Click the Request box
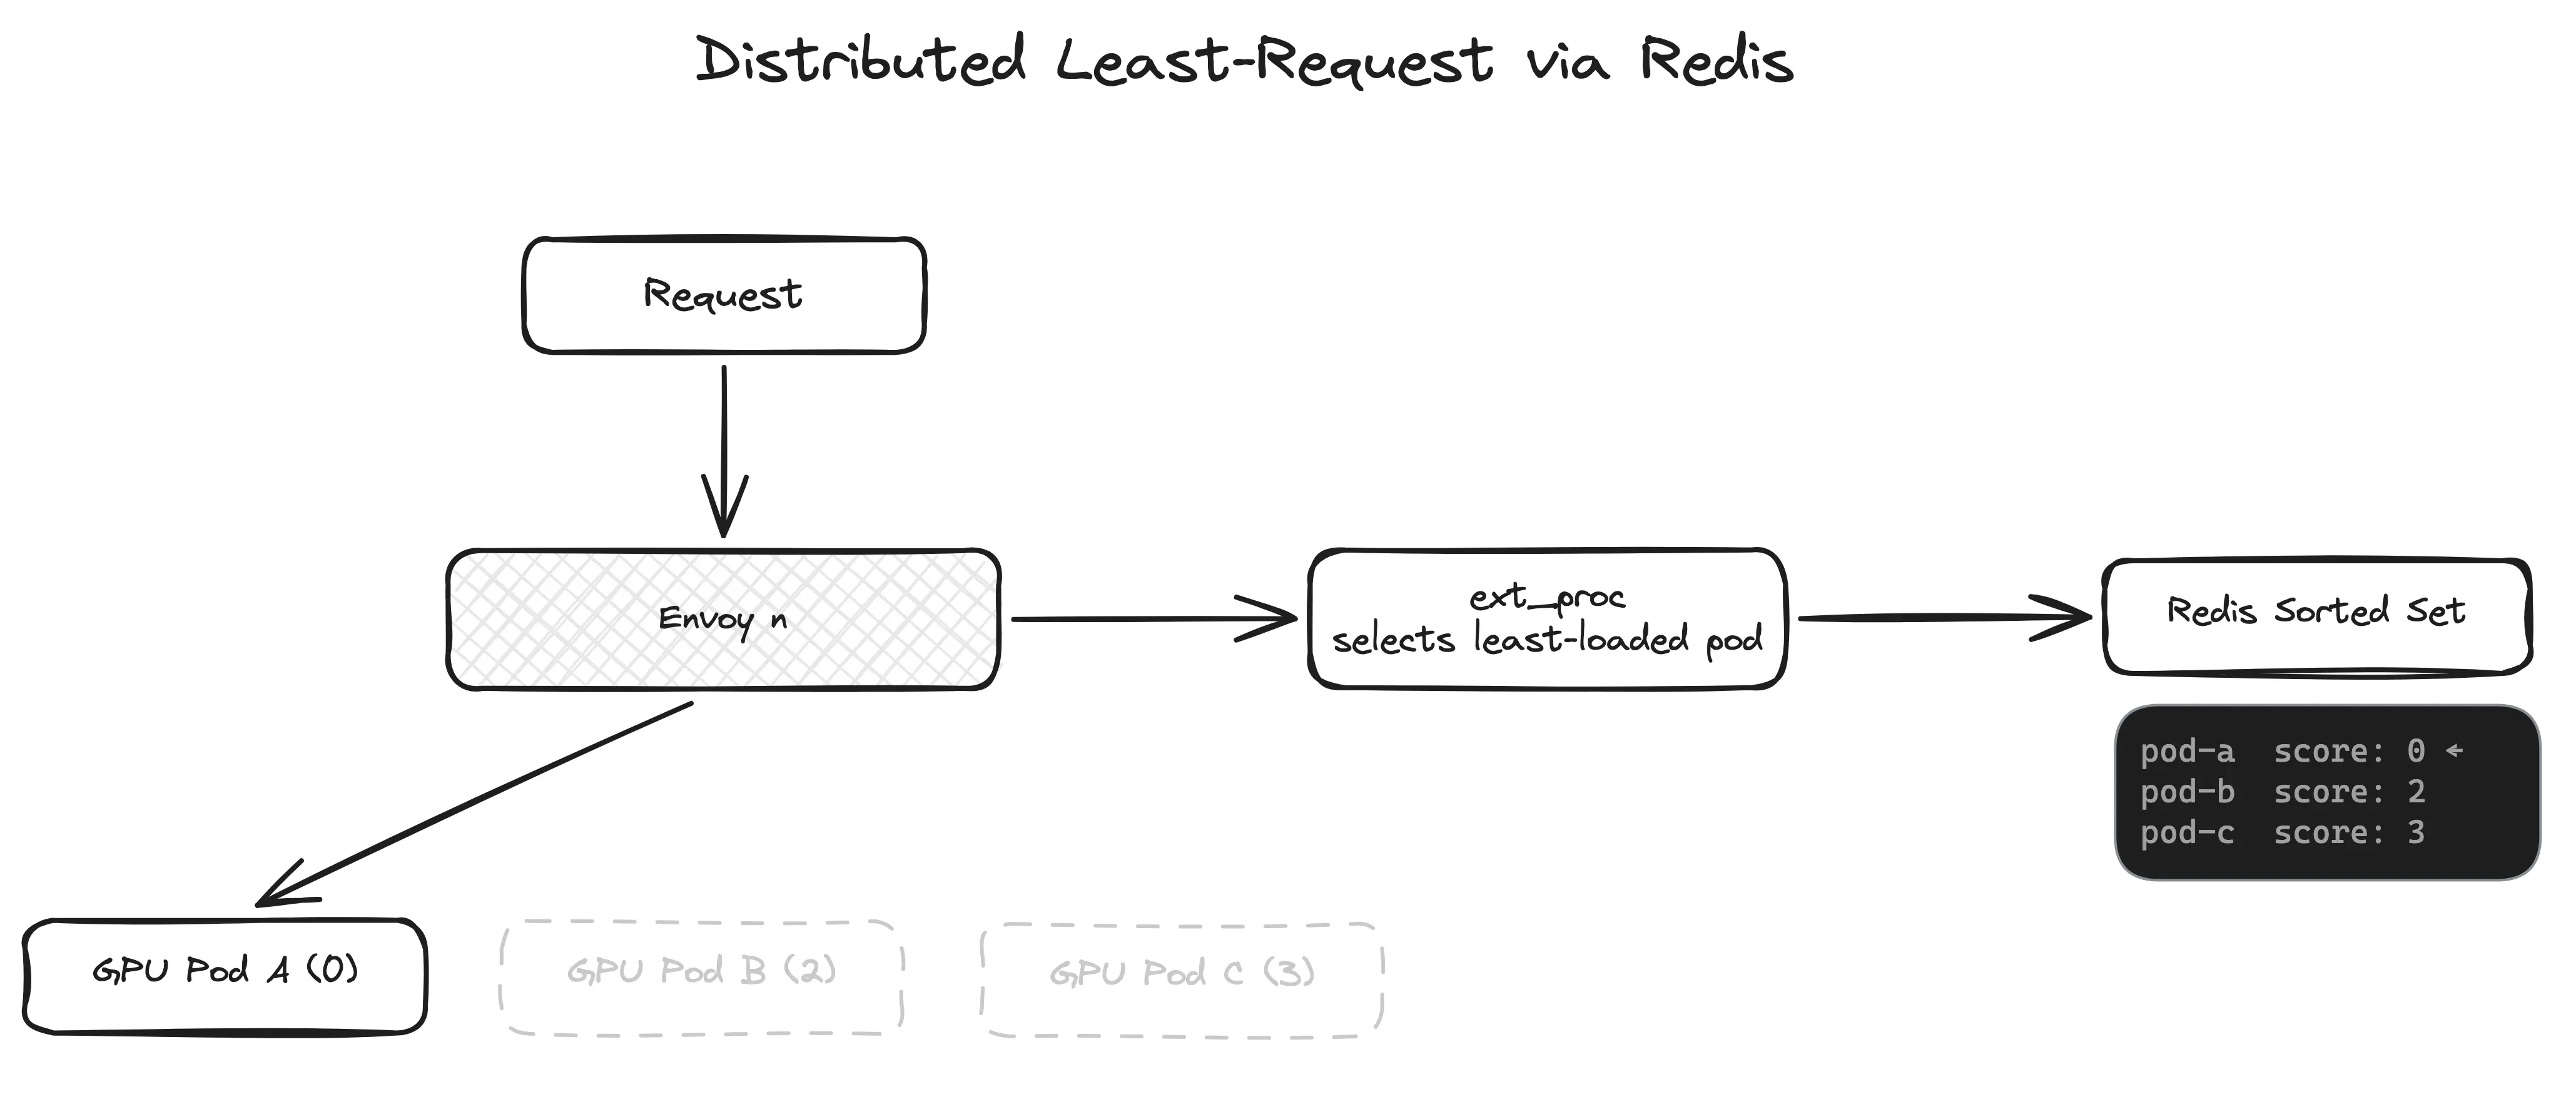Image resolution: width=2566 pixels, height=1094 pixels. pyautogui.click(x=723, y=295)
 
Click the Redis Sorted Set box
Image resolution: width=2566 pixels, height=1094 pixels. pyautogui.click(x=2316, y=616)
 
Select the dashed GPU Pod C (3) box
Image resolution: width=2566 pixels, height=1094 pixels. pyautogui.click(x=1182, y=979)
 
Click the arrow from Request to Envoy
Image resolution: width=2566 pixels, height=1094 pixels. pyautogui.click(x=724, y=448)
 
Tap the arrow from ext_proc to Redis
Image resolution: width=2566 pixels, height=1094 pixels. pyautogui.click(x=1942, y=618)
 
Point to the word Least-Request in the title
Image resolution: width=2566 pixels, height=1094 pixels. pyautogui.click(x=1274, y=62)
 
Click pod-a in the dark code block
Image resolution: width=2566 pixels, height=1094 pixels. pyautogui.click(x=2188, y=751)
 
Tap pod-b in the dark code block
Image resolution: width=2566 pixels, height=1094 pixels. pyautogui.click(x=2188, y=792)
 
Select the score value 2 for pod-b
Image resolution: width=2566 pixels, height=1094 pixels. pyautogui.click(x=2416, y=792)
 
